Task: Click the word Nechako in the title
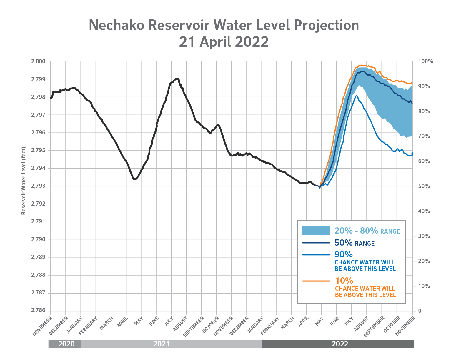(x=116, y=25)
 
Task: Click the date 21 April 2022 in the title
(x=224, y=42)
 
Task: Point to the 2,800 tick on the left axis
(x=39, y=61)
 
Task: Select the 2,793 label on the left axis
(x=39, y=186)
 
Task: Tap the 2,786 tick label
(x=39, y=311)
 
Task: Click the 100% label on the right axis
(x=426, y=61)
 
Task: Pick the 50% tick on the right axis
(x=424, y=186)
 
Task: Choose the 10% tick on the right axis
(x=424, y=286)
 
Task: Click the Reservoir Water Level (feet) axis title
(x=24, y=181)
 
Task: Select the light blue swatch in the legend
(x=316, y=230)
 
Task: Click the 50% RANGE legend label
(x=354, y=243)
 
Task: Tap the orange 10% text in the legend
(x=344, y=281)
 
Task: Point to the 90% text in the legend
(x=343, y=254)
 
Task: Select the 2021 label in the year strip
(x=161, y=344)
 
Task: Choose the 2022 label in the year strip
(x=340, y=344)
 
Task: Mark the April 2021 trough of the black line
(x=134, y=179)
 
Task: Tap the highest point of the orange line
(x=362, y=65)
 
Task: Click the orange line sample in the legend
(x=316, y=281)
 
